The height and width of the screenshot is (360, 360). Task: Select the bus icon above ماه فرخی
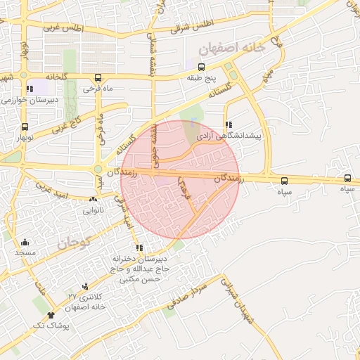pyautogui.click(x=96, y=77)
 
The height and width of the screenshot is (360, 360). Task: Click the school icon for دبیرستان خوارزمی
pyautogui.click(x=30, y=89)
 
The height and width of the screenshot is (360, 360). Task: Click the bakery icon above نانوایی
pyautogui.click(x=93, y=200)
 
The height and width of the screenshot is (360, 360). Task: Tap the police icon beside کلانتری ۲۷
pyautogui.click(x=85, y=286)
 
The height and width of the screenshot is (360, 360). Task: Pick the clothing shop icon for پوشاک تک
pyautogui.click(x=51, y=316)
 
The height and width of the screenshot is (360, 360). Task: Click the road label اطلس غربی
pyautogui.click(x=63, y=28)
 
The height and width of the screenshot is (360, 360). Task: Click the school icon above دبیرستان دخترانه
pyautogui.click(x=139, y=247)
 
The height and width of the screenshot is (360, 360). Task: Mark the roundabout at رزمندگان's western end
pyautogui.click(x=98, y=169)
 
